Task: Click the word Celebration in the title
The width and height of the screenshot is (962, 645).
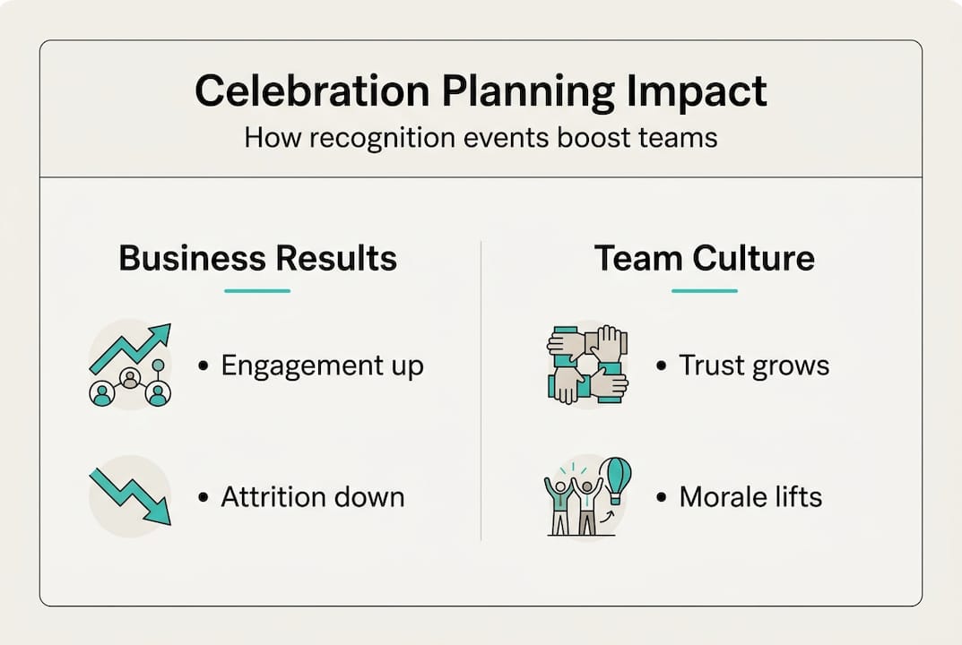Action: click(x=312, y=90)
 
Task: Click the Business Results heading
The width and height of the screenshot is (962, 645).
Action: click(x=257, y=258)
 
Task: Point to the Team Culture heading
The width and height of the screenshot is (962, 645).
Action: click(x=705, y=258)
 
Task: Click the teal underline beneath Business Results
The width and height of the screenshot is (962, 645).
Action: click(x=257, y=290)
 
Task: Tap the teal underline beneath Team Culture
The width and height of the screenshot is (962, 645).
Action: click(x=705, y=290)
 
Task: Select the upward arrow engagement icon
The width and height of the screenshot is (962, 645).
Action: click(x=130, y=365)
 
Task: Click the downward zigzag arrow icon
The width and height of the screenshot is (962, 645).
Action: click(x=130, y=496)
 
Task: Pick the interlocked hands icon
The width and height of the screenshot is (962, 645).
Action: click(x=587, y=365)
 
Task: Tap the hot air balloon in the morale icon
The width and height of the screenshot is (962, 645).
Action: click(x=615, y=481)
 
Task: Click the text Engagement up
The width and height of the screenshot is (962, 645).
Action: click(x=322, y=366)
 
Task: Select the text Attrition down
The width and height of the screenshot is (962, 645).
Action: click(x=313, y=496)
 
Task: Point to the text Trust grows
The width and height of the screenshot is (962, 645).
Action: click(x=754, y=366)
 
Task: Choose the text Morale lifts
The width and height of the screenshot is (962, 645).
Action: click(x=751, y=496)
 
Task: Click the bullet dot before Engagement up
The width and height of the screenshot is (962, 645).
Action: click(x=204, y=366)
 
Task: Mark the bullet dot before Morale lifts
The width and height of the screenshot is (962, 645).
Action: click(x=662, y=497)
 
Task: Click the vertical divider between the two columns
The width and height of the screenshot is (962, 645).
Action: click(x=481, y=391)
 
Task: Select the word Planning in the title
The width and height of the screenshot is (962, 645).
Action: click(x=528, y=92)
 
